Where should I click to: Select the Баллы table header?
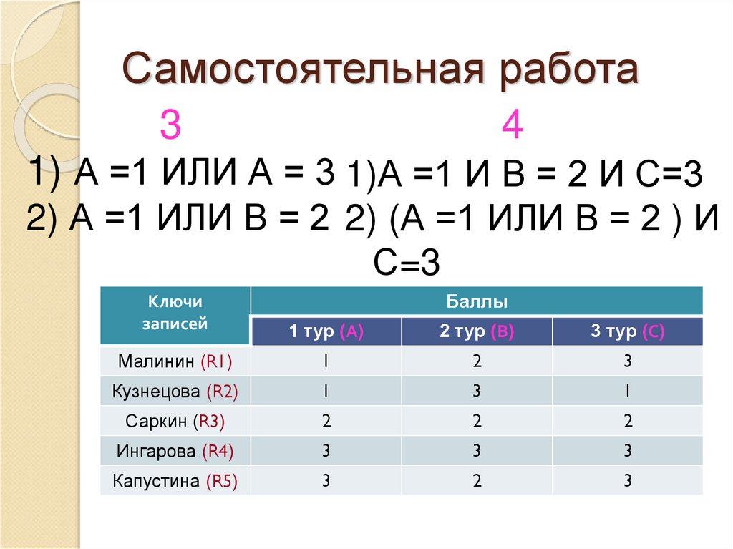477,301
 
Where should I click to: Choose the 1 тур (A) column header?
326,331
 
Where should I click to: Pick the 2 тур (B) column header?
477,331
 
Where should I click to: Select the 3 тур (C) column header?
628,331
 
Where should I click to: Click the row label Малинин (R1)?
175,361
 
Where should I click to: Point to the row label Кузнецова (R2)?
175,392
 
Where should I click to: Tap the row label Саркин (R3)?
175,422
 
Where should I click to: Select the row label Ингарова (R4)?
175,452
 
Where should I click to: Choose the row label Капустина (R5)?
175,482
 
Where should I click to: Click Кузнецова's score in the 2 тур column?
477,392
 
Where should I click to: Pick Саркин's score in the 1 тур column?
326,422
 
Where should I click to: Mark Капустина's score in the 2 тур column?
477,482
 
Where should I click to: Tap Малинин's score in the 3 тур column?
628,361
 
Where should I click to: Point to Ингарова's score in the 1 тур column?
326,452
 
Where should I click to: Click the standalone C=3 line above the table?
405,263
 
